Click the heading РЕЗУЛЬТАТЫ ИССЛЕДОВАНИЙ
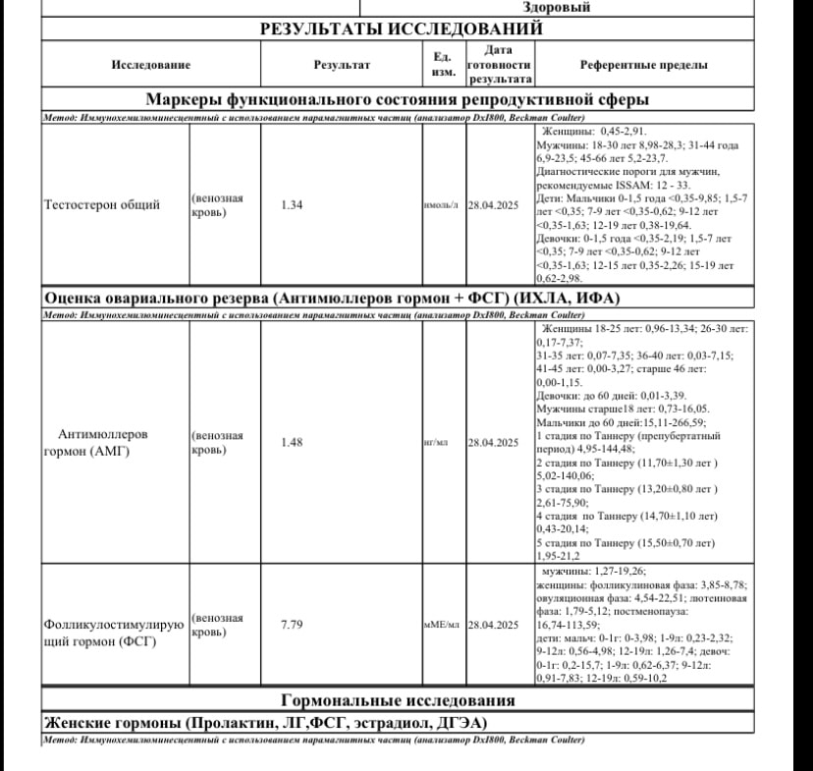click(x=401, y=29)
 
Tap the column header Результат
click(x=341, y=65)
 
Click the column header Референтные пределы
click(x=643, y=65)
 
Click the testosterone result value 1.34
click(x=291, y=205)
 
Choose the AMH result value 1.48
click(x=291, y=442)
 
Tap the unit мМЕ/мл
click(x=442, y=625)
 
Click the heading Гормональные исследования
click(x=398, y=700)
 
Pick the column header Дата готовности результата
click(x=500, y=65)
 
